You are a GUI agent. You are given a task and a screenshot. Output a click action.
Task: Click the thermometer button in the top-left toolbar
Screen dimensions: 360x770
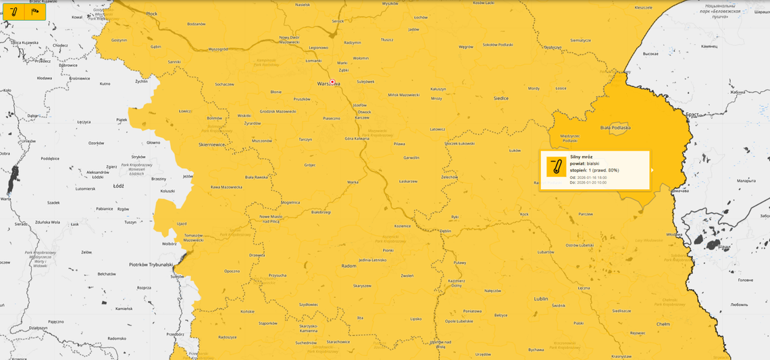[x=14, y=11]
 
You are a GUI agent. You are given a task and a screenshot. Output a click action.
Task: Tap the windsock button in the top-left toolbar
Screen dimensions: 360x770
[x=35, y=11]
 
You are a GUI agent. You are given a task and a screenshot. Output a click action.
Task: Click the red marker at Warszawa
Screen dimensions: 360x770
[x=332, y=82]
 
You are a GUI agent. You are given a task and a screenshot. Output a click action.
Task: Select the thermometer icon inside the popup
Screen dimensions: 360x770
[x=556, y=167]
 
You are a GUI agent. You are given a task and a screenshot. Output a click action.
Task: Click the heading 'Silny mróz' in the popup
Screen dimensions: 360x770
[x=581, y=157]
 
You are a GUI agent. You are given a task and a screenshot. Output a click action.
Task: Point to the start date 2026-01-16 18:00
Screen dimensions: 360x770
[x=592, y=177]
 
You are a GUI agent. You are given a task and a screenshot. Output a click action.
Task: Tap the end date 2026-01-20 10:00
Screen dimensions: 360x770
[x=592, y=182]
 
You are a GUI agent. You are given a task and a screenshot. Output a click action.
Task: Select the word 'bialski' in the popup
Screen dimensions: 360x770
[x=593, y=163]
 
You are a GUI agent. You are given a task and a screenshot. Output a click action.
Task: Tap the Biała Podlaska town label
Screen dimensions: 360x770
[x=615, y=127]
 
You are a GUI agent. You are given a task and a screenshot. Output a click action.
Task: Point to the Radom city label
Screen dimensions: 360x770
[x=349, y=265]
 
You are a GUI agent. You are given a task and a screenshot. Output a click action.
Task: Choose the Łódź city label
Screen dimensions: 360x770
[x=119, y=184]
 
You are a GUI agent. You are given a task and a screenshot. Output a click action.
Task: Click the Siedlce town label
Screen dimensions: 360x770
[x=500, y=98]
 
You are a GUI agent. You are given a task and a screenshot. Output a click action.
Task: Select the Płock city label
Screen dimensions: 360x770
[x=151, y=14]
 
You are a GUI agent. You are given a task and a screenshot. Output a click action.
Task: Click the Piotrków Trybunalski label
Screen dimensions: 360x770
[x=151, y=264]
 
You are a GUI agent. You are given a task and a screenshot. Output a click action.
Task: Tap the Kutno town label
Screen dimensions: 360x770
[x=105, y=84]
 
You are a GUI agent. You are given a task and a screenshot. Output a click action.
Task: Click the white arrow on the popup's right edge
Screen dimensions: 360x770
[x=652, y=170]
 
